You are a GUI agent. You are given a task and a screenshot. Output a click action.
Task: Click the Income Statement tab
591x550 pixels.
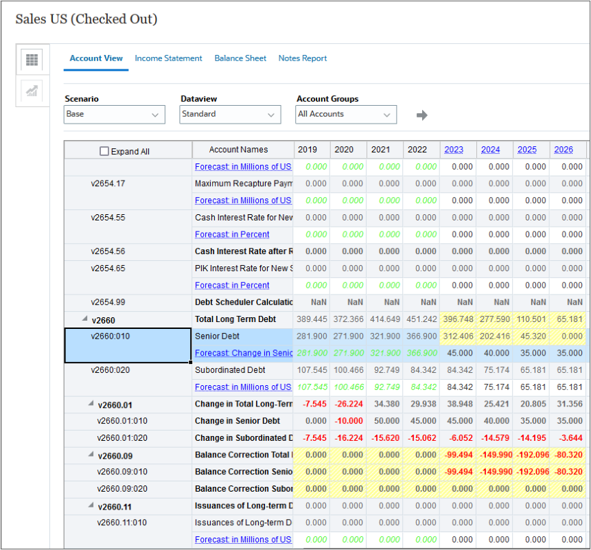coord(168,58)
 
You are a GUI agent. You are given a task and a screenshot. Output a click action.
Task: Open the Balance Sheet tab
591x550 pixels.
coord(240,58)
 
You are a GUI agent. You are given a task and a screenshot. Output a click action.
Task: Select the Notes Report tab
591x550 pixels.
coord(302,58)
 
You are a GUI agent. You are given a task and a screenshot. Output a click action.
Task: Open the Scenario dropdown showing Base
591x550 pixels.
coord(115,115)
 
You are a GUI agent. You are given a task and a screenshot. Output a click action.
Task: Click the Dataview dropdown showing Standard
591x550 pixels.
coord(231,115)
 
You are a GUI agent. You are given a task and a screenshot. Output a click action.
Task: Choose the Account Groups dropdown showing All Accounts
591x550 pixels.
coord(346,115)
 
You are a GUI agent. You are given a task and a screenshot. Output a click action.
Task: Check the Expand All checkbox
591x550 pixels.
coord(104,151)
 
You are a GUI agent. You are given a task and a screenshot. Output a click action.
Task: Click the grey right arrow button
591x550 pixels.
coord(422,115)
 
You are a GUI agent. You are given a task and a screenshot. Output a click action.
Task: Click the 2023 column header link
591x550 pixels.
coord(454,150)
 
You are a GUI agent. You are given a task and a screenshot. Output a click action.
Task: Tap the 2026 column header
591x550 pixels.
coord(564,150)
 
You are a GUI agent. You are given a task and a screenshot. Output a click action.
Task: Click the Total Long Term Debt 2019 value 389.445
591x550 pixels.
coord(311,319)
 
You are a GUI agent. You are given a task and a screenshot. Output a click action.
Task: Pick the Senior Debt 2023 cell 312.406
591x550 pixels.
coord(458,336)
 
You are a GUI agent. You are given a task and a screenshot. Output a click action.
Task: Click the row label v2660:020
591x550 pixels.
coord(110,370)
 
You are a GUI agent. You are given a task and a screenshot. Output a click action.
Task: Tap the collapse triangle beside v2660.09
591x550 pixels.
coord(91,455)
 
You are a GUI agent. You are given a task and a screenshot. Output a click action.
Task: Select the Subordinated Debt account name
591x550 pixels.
coord(230,370)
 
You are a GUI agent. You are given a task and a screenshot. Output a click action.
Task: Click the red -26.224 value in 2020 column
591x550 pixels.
coord(348,404)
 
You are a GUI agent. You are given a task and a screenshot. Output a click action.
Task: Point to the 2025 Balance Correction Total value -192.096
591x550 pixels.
coord(531,455)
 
